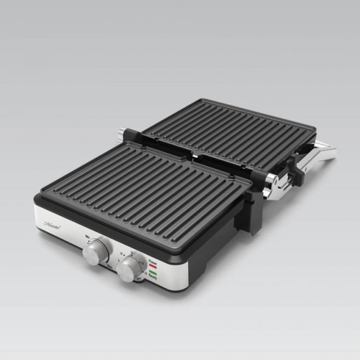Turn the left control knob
(95, 253)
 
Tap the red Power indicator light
(152, 265)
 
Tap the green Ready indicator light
(152, 275)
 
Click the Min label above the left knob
(88, 236)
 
